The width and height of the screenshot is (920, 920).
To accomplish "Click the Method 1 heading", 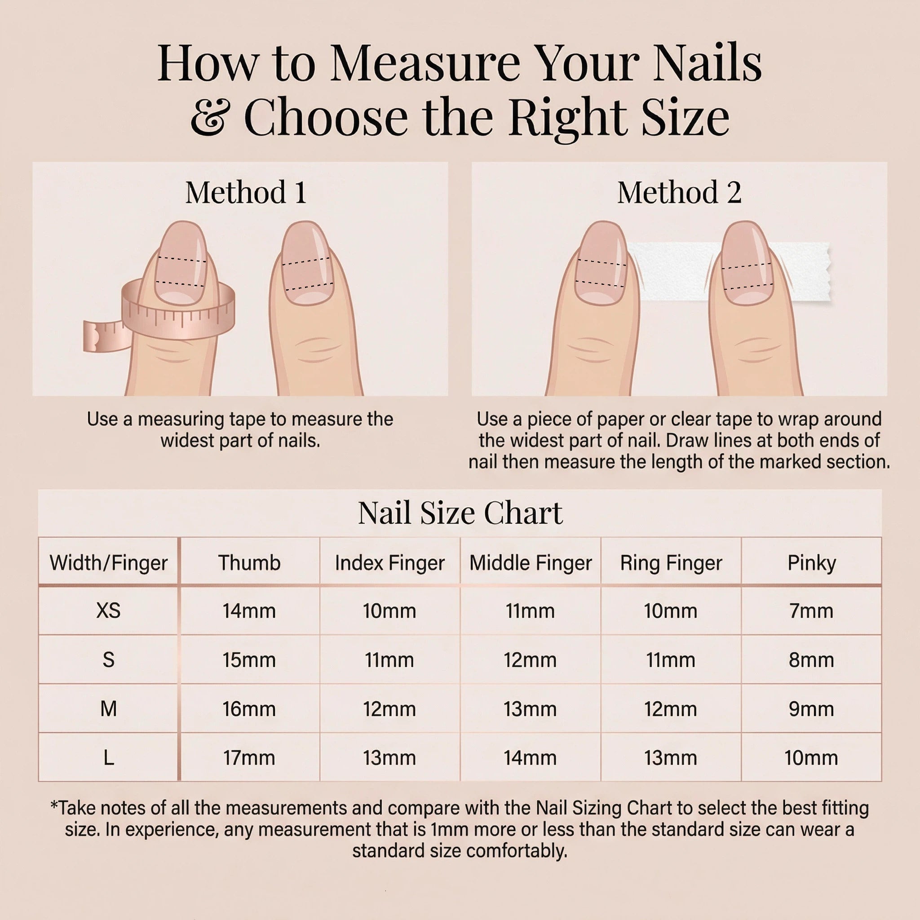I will (x=246, y=192).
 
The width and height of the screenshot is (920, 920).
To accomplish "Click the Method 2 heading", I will (x=679, y=192).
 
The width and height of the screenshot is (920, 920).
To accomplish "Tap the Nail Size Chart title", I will (x=460, y=513).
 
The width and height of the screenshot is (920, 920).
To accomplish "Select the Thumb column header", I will (x=249, y=562).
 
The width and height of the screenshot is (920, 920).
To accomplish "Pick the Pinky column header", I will (x=811, y=562).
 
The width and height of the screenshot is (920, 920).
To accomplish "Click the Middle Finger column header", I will (x=531, y=562).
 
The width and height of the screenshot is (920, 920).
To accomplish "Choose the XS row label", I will (x=109, y=610).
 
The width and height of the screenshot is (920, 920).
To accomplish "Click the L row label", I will (x=109, y=757).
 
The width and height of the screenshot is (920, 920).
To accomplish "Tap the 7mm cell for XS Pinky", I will (x=811, y=610).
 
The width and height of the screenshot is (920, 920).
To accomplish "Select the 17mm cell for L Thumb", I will (x=249, y=757).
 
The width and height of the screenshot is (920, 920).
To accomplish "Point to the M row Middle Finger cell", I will (x=531, y=708).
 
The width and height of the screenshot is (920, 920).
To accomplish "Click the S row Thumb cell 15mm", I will (x=249, y=659).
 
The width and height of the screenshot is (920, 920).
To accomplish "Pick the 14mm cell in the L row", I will (x=531, y=757).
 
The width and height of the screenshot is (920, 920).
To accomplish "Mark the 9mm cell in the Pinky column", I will (x=811, y=708).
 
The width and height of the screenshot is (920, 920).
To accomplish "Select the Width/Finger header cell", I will (x=109, y=562).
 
